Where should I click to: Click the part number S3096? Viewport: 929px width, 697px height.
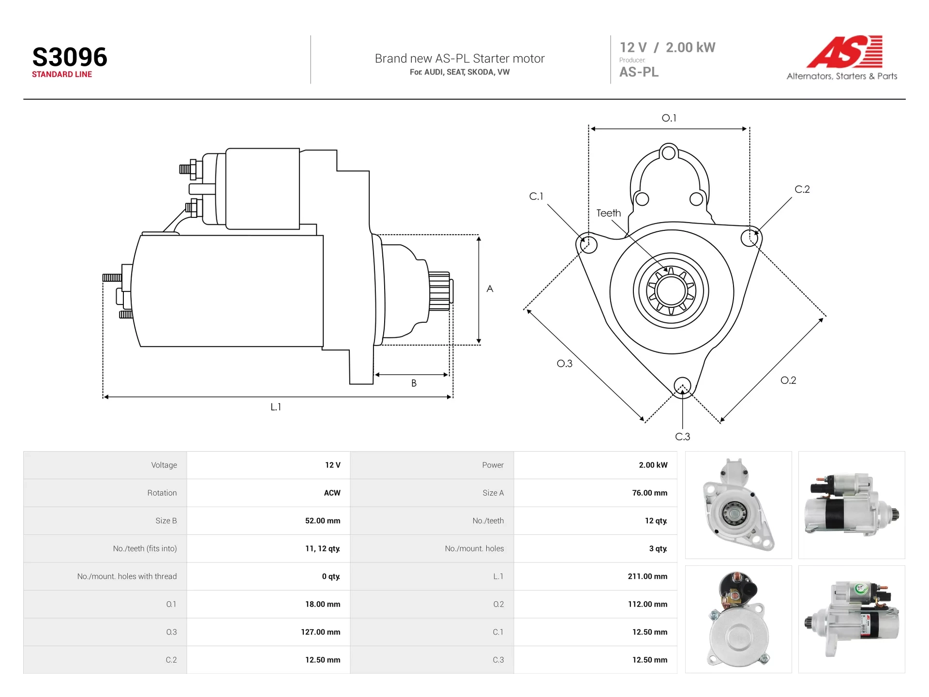coord(70,57)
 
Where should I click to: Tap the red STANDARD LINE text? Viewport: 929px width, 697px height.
coord(62,74)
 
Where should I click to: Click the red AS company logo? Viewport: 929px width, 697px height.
coord(844,51)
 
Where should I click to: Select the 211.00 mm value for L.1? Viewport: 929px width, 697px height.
coord(647,576)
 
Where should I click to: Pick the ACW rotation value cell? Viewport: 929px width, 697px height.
coord(332,493)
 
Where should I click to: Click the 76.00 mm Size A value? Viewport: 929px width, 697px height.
coord(649,493)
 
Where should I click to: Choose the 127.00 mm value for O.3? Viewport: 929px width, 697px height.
coord(320,632)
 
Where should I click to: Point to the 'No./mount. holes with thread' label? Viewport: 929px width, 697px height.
coord(127,576)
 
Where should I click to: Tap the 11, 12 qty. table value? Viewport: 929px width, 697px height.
coord(322,548)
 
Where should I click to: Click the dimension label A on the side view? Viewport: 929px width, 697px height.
coord(490,289)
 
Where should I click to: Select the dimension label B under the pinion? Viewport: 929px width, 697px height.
coord(414,383)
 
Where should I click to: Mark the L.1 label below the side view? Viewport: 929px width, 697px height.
coord(275,407)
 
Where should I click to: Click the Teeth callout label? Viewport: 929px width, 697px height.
coord(608,213)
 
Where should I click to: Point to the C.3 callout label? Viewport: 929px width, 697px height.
coord(682,437)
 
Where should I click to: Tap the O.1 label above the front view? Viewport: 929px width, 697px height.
coord(669,118)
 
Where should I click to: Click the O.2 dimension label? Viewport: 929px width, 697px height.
coord(788,380)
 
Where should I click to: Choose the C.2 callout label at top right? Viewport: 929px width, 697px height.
coord(802,189)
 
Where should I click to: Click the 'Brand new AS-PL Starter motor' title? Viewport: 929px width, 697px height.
coord(460,59)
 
